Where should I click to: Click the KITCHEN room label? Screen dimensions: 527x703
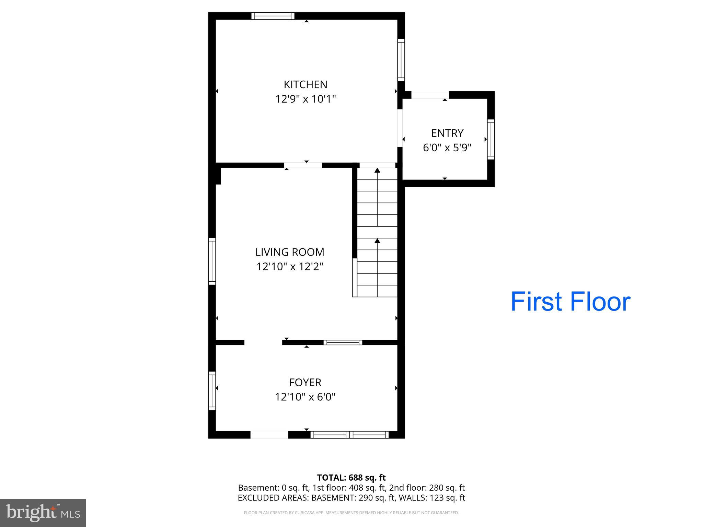[305, 84]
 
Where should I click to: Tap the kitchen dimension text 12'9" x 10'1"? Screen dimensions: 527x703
[305, 99]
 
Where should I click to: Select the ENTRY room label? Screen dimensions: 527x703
[447, 133]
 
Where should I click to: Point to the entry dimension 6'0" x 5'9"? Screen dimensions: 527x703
[447, 148]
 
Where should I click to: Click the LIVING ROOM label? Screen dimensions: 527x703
[290, 252]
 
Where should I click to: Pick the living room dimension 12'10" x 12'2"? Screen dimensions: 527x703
[290, 267]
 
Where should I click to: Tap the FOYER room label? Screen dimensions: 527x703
[305, 382]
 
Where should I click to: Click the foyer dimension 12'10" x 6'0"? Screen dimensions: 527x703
[305, 397]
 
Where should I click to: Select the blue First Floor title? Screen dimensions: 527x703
[570, 302]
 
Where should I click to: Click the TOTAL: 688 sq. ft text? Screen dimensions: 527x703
[351, 478]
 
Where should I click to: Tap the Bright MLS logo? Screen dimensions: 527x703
[43, 513]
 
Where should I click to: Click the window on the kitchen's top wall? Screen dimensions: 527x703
[273, 16]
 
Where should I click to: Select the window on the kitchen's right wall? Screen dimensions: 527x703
[401, 60]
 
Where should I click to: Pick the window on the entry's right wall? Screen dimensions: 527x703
[491, 139]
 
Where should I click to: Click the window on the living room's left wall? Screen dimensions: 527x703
[212, 261]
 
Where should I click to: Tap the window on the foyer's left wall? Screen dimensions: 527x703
[212, 391]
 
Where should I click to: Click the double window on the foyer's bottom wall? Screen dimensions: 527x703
[349, 435]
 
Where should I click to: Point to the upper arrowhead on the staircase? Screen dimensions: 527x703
[377, 170]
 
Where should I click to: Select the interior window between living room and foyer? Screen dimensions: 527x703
[343, 342]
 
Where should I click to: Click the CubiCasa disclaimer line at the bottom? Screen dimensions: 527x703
[351, 513]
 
